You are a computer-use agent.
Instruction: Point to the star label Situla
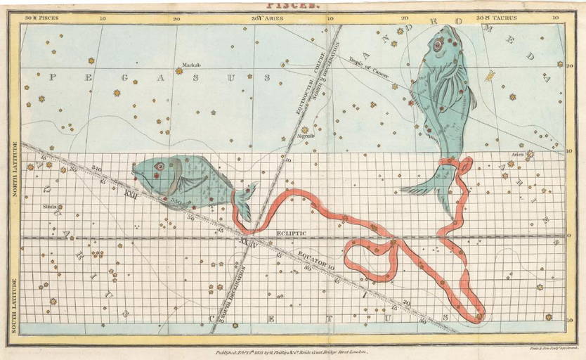tap(48, 207)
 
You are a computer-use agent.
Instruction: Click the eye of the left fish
tap(159, 167)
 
